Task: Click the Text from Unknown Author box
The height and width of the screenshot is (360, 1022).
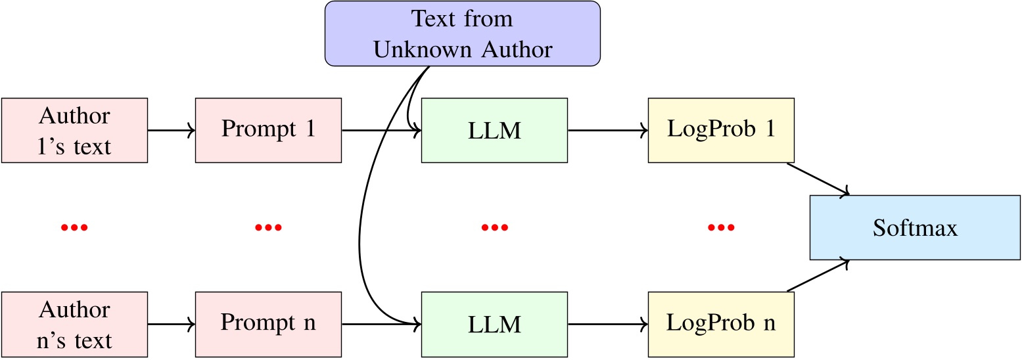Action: point(463,34)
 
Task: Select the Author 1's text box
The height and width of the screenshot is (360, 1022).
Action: point(74,130)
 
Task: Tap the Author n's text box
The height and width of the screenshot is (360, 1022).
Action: point(74,324)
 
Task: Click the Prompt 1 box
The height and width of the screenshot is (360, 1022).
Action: point(268,130)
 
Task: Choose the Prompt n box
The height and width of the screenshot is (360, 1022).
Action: point(268,324)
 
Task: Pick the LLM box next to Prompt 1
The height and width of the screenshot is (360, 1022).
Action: point(494,130)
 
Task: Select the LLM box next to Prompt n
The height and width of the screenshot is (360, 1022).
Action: point(494,324)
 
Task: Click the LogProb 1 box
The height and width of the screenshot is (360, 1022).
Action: point(721,130)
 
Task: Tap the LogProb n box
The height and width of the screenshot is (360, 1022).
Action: point(721,324)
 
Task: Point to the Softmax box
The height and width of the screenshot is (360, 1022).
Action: point(915,227)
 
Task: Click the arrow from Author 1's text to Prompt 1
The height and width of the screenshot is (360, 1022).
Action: point(172,130)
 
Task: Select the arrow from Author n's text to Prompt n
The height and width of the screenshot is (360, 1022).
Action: point(172,324)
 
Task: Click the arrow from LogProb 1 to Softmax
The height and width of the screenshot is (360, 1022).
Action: point(818,179)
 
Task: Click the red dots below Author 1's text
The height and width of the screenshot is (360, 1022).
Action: point(74,228)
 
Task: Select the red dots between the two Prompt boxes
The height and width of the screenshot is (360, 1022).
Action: point(268,228)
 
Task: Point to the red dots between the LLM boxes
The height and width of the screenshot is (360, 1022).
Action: point(494,228)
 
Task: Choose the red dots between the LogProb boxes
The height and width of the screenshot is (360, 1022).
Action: point(721,228)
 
